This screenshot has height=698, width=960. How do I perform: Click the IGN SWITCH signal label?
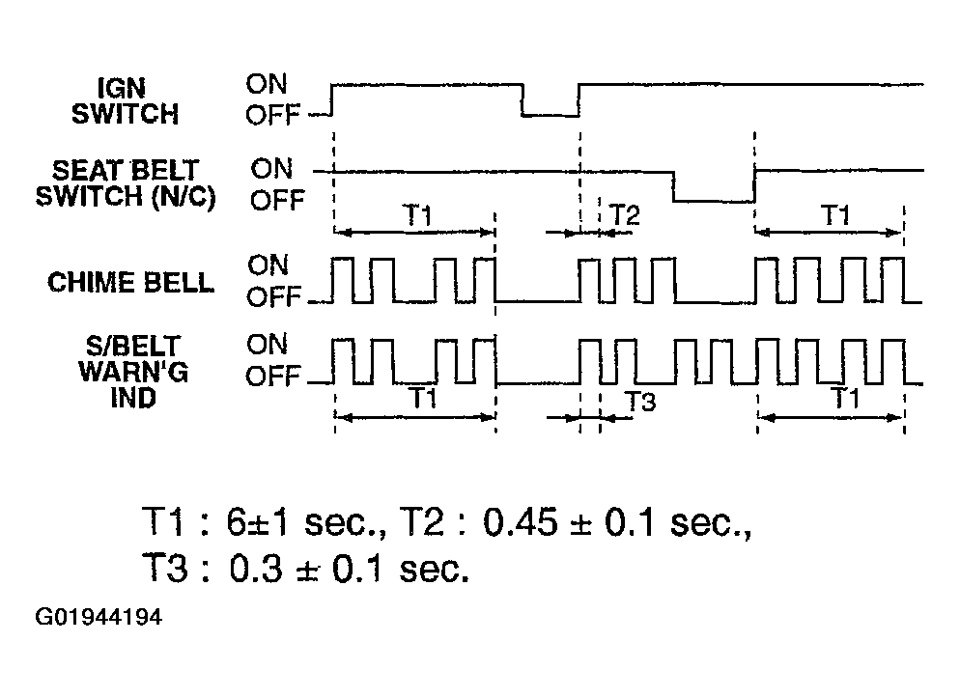point(125,101)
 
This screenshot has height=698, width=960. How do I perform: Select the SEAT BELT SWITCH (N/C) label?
point(126,183)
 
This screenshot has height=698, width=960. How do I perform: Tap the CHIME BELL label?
point(131,283)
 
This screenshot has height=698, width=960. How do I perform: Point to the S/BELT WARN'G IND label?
point(133,372)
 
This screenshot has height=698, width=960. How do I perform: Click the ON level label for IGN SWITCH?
point(267,84)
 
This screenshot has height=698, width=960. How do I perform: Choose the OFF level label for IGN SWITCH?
point(273,115)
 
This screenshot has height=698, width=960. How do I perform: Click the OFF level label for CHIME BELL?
point(274,297)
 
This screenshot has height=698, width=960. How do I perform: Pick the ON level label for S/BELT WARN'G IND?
point(267,345)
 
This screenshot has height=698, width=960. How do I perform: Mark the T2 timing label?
point(625,215)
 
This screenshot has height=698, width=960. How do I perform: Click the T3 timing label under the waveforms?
point(640,402)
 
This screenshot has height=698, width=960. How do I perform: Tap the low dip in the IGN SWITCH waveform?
point(551,114)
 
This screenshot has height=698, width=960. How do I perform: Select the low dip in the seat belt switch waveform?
point(714,201)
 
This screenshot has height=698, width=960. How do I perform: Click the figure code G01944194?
point(99,617)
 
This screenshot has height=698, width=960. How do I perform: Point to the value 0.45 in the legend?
point(521,523)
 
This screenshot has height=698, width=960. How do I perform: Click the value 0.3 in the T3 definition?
point(256,569)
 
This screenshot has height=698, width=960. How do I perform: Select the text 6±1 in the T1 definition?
point(257,523)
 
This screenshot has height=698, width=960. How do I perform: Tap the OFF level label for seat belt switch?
point(277,201)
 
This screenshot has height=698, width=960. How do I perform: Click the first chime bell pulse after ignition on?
point(342,280)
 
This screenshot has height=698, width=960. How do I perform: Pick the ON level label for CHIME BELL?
point(268,265)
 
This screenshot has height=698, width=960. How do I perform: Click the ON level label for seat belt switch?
point(271,169)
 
